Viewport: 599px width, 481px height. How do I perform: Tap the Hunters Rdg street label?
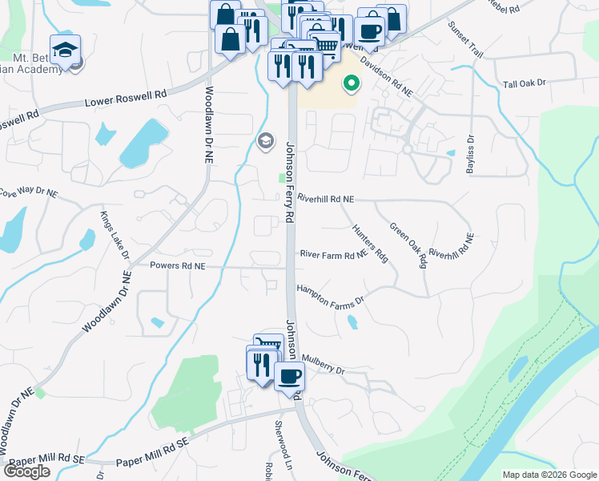point(370,243)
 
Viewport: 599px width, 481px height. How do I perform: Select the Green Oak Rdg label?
point(408,245)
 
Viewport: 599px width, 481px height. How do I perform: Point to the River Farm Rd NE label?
point(333,255)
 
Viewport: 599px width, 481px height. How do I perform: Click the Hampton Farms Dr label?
point(330,293)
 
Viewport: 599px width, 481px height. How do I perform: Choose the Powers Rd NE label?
point(178,265)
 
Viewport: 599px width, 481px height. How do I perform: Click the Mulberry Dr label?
point(324,371)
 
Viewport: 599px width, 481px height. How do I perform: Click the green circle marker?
point(351,83)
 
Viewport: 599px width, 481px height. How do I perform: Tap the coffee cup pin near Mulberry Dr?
point(289,374)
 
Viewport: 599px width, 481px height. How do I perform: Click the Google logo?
point(26,471)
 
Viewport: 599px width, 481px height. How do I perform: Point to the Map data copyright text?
point(549,475)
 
